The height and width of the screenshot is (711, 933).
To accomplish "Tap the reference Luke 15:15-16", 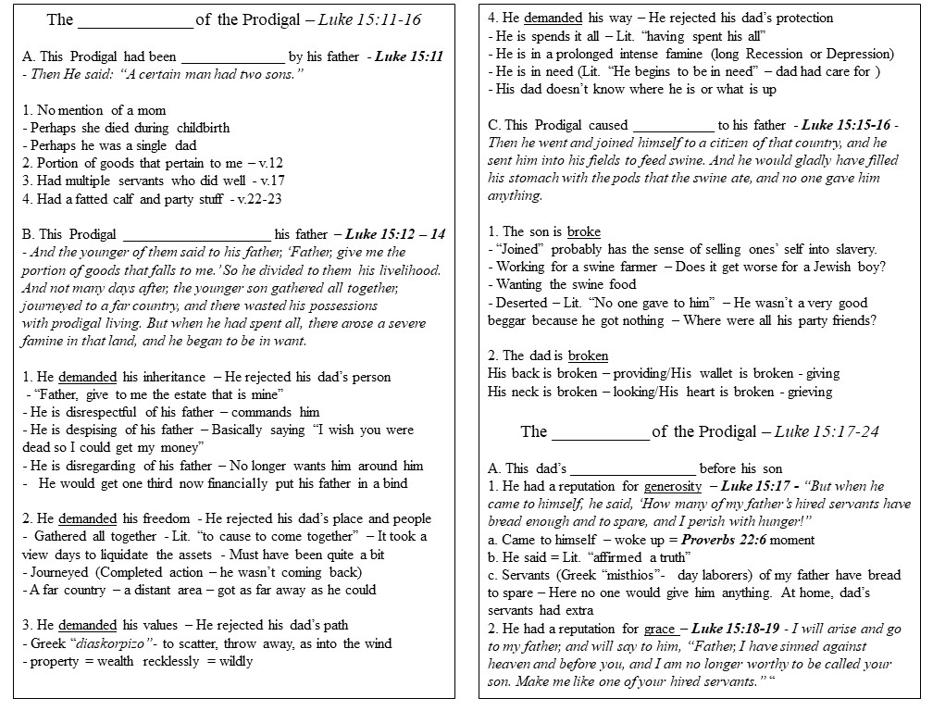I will [x=846, y=125].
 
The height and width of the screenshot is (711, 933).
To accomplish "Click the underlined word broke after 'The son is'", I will [x=584, y=231].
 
